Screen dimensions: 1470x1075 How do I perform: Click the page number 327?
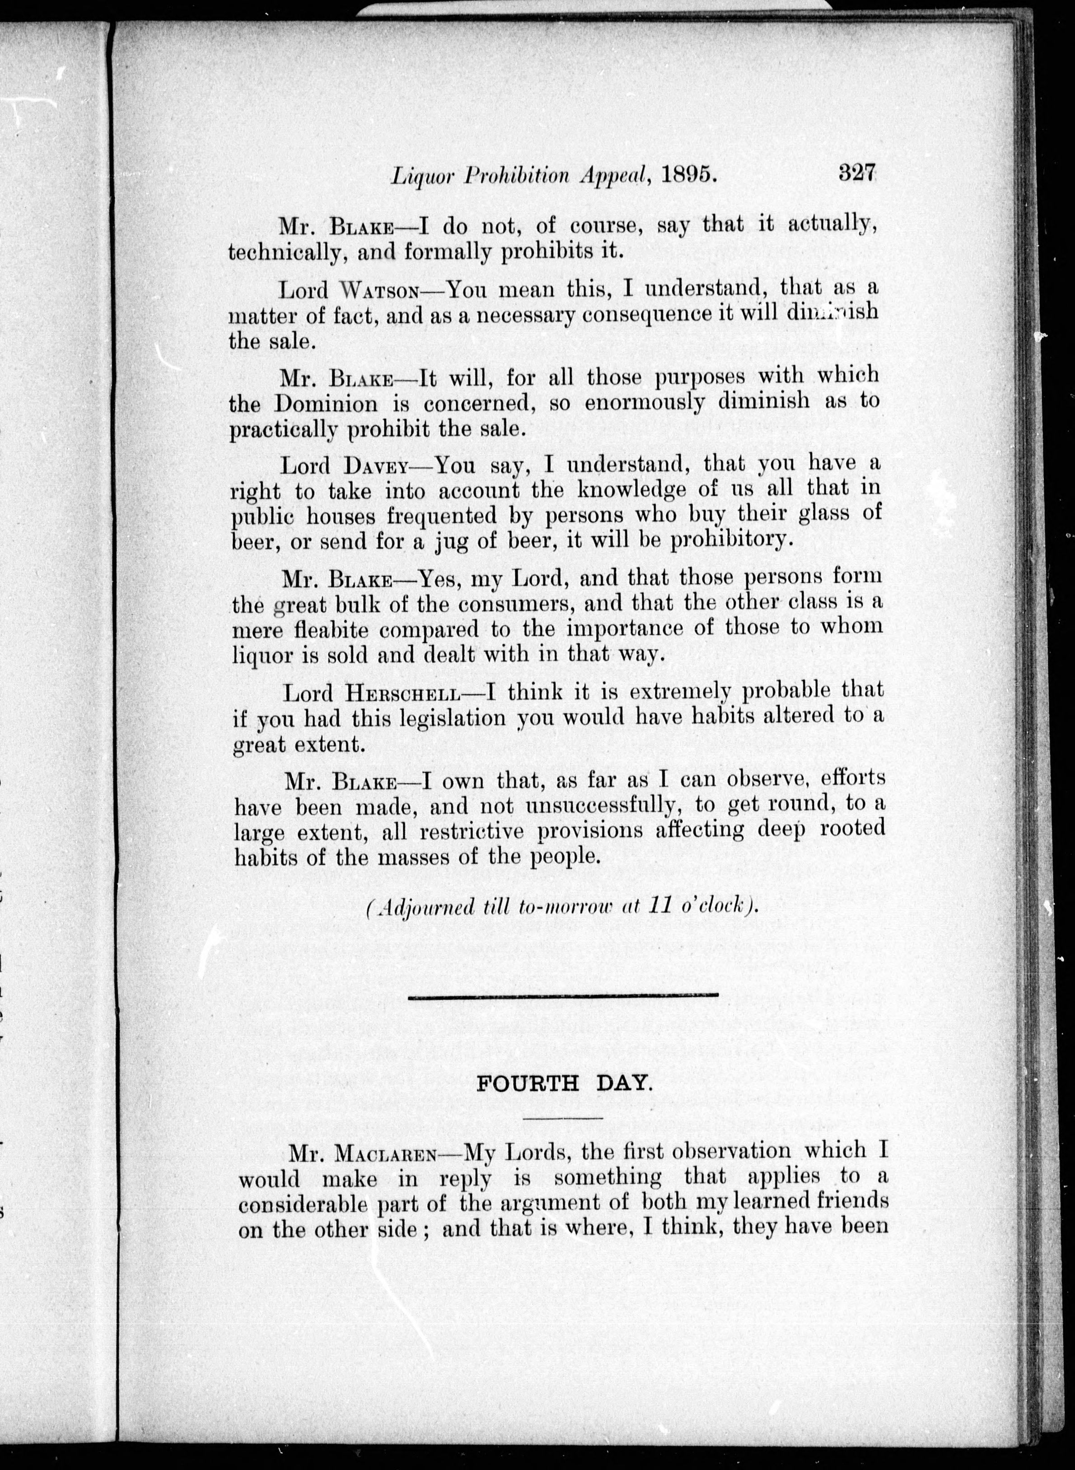click(x=858, y=174)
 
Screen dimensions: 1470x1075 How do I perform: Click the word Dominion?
click(x=325, y=404)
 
